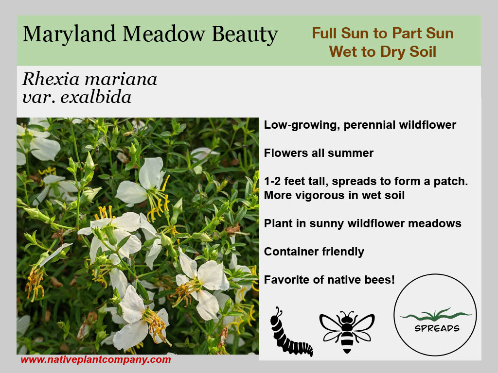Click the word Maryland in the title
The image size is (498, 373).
69,34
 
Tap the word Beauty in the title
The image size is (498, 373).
245,34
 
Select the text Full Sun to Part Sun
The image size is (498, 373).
383,33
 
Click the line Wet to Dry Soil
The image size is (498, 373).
383,51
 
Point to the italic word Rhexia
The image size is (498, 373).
51,79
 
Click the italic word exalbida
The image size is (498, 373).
96,97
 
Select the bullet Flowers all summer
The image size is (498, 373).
319,153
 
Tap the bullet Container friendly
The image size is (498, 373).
314,252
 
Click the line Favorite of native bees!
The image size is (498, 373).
329,280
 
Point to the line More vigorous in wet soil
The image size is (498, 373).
335,195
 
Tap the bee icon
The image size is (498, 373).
347,331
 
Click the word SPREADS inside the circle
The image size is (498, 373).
437,328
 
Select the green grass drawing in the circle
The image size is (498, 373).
435,316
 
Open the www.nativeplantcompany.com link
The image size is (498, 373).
96,360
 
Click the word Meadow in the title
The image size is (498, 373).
163,34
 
